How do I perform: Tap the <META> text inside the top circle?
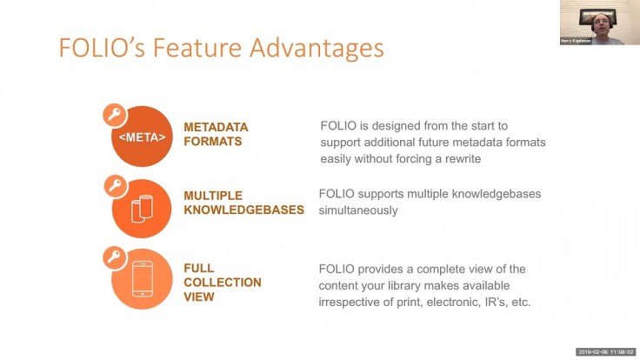coord(142,136)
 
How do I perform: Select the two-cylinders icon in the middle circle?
coord(142,210)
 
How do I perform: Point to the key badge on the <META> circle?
coord(113,114)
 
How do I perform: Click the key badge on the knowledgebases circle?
coord(113,184)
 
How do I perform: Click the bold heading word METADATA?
coord(216,127)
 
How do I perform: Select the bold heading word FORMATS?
coord(212,142)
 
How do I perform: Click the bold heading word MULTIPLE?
coord(213,196)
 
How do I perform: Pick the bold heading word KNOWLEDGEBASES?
coord(243,210)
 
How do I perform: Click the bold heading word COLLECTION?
coord(223,283)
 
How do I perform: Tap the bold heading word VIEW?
coord(199,297)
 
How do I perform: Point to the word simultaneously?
coord(358,210)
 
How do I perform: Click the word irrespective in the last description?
coord(350,302)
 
